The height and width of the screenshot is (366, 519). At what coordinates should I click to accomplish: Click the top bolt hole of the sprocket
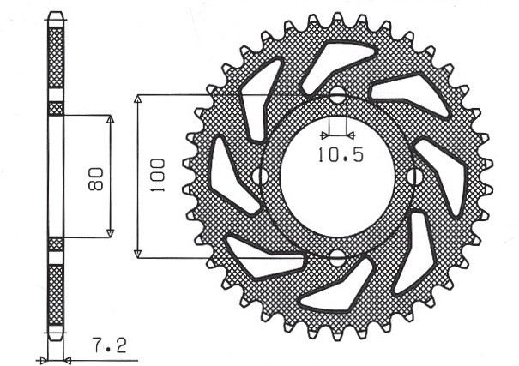pos(337,94)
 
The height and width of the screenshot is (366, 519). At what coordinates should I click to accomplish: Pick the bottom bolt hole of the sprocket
pos(337,256)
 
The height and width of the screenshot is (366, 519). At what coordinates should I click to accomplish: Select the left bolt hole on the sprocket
pos(256,177)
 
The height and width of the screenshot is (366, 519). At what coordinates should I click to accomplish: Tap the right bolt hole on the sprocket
pos(417,177)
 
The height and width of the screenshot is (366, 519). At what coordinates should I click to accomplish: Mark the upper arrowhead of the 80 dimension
pos(110,120)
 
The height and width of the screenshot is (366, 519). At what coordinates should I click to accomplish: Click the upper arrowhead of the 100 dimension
pos(138,100)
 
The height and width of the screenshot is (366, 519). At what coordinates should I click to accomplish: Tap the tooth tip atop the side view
pos(56,18)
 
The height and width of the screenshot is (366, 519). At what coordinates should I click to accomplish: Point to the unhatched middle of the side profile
pos(56,177)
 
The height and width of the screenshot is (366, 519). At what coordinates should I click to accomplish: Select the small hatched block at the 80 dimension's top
pos(56,109)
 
